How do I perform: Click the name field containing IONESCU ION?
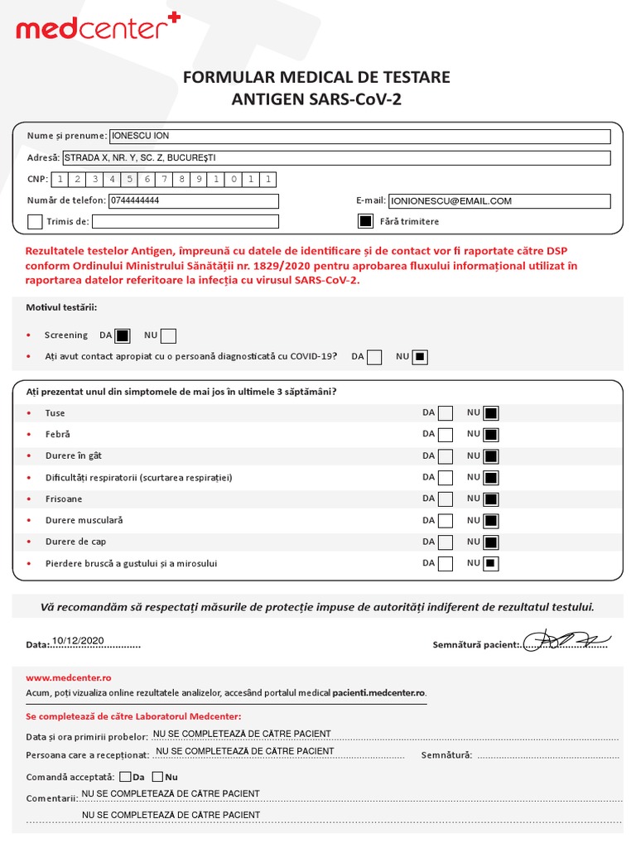(359, 137)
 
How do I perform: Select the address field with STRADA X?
(335, 158)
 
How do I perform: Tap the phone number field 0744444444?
(194, 201)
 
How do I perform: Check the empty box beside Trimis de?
(35, 222)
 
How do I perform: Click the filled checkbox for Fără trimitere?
(365, 221)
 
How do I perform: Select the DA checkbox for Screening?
(123, 335)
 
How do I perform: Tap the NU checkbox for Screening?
(168, 335)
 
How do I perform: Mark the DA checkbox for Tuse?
(446, 413)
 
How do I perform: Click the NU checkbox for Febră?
(491, 435)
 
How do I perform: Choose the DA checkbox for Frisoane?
(446, 499)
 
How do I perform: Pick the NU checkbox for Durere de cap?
(491, 542)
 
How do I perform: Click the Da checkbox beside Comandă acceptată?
(125, 777)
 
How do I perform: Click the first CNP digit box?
(60, 180)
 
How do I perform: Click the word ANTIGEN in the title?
(267, 99)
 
